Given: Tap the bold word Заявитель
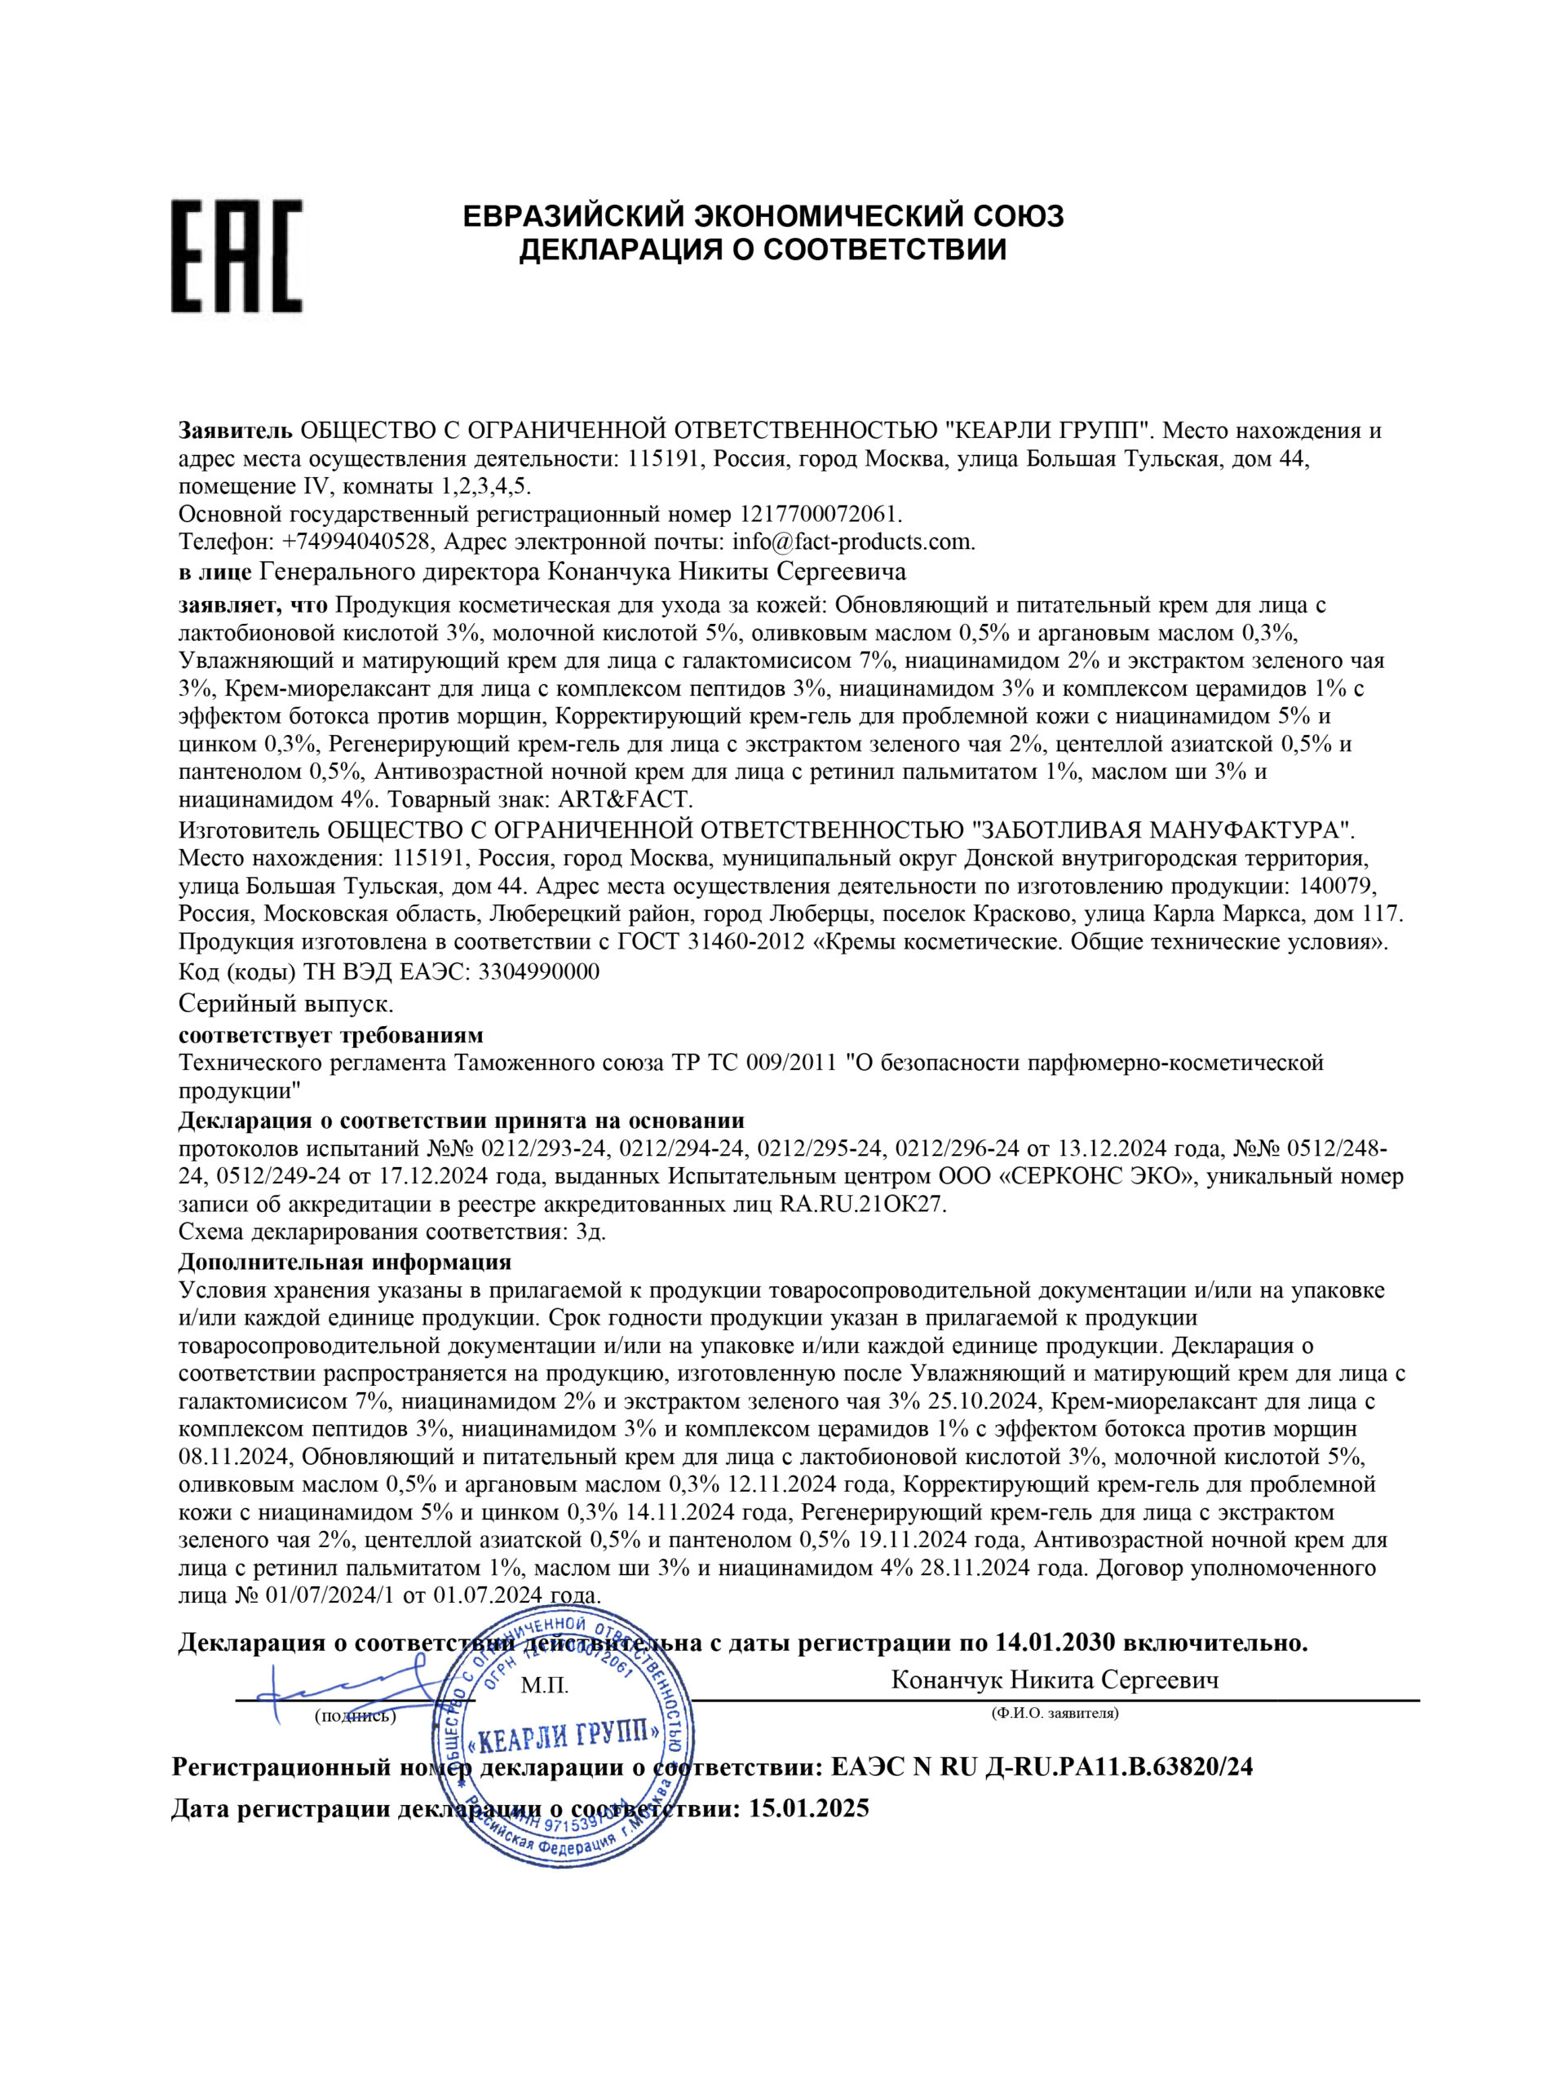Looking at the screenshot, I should (236, 431).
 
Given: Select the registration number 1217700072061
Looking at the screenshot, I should (821, 515).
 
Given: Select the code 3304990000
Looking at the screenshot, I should (539, 972).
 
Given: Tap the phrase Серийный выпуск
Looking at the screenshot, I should (286, 1003).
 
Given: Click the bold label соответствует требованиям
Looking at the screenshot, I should (330, 1034).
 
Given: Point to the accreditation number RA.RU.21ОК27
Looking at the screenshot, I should (863, 1205).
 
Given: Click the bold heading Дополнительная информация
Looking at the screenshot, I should (344, 1262).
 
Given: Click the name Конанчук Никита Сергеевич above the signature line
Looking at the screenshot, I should (1055, 1680).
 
